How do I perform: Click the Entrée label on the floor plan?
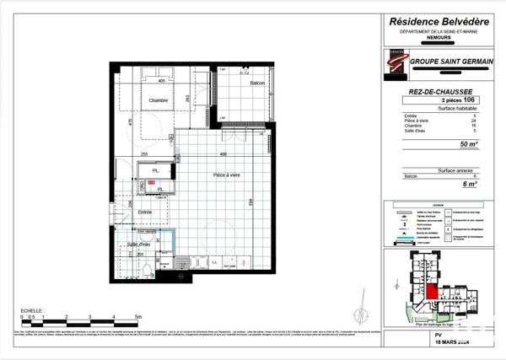coord(145,212)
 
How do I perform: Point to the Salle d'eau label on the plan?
coord(140,244)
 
